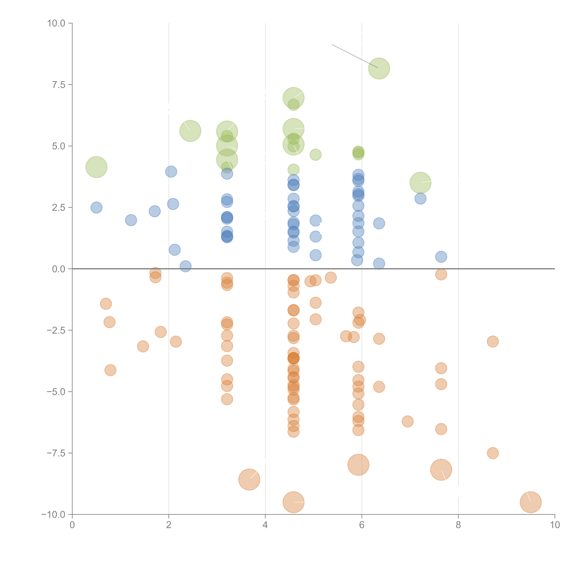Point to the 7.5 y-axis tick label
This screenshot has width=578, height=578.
coord(59,85)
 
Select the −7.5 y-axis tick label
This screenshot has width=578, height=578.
coord(56,453)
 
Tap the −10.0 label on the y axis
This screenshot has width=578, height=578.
coord(53,515)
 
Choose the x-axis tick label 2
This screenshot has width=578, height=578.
coord(169,525)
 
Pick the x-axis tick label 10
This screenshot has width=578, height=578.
coord(555,525)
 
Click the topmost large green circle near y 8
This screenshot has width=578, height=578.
coord(379,68)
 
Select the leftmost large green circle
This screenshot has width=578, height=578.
coord(96,167)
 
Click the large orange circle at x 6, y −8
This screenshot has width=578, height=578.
coord(358,465)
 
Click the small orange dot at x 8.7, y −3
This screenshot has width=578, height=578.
coord(493,341)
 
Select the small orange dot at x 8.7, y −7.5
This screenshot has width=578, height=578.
coord(493,453)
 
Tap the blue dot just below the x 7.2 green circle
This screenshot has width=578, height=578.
coord(420,198)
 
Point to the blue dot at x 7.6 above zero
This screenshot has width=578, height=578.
coord(441,257)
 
